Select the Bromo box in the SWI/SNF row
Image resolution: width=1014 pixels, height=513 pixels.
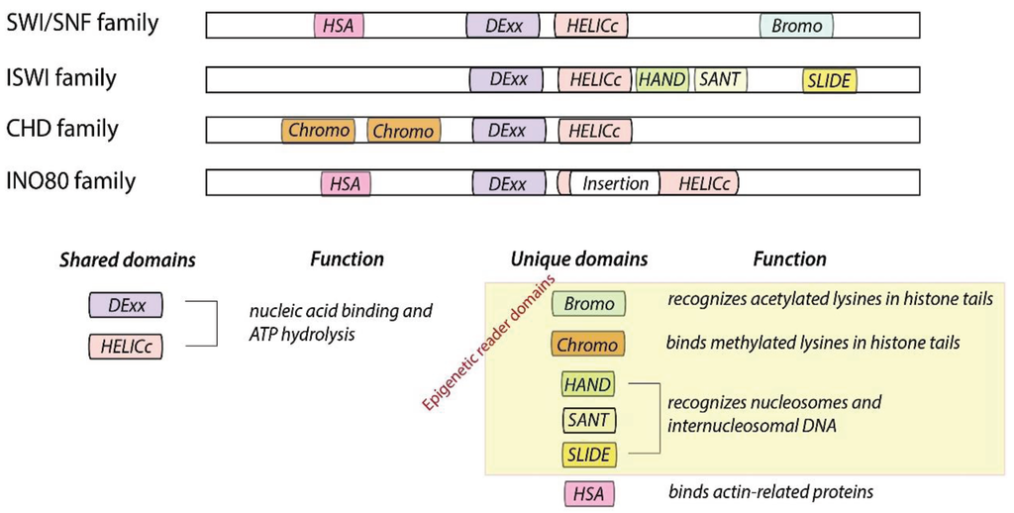point(797,26)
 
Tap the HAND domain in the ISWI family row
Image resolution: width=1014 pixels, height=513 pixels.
point(662,79)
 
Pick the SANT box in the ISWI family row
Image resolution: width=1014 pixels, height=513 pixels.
point(720,79)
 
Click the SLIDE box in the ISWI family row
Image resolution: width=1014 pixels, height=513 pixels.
point(829,80)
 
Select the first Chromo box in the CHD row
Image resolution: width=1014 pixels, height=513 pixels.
point(319,130)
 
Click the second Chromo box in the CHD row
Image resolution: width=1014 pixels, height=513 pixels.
point(403,131)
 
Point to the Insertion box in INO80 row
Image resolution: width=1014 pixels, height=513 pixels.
point(615,183)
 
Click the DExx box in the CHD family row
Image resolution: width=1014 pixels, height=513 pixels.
point(508,131)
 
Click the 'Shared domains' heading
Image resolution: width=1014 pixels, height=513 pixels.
point(127,259)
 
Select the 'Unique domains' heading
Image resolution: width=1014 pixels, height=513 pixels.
point(579,259)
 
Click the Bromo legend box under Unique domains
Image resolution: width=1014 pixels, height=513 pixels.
point(589,304)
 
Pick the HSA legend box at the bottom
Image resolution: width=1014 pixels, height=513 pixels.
point(589,492)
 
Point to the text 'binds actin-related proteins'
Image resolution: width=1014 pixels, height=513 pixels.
point(769,491)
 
